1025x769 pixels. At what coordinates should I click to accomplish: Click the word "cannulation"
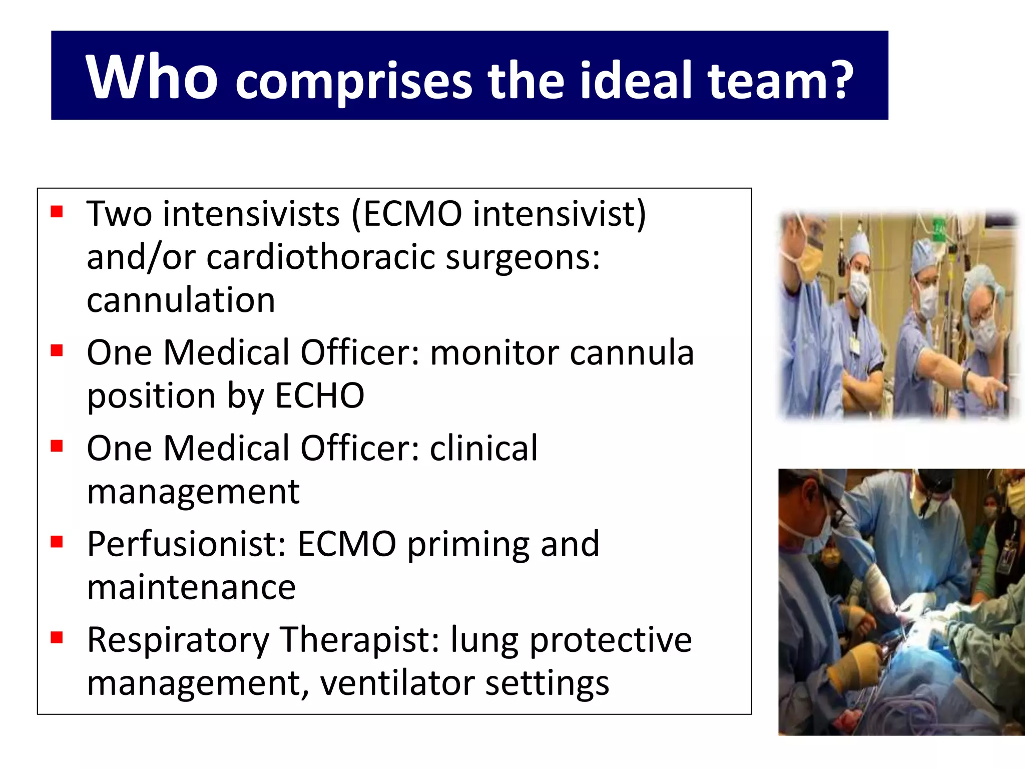pyautogui.click(x=181, y=300)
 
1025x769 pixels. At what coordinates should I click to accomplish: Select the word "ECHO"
pyautogui.click(x=320, y=396)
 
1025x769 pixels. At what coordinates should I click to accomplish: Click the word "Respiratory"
pyautogui.click(x=178, y=640)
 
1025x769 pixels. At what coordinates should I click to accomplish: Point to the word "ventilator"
pyautogui.click(x=397, y=683)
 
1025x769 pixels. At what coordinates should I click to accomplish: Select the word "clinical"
pyautogui.click(x=483, y=448)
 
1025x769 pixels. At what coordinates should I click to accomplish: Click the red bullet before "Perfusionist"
pyautogui.click(x=57, y=542)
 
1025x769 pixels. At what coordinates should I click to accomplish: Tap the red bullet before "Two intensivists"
pyautogui.click(x=57, y=212)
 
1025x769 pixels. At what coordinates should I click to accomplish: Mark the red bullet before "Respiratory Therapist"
pyautogui.click(x=57, y=637)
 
